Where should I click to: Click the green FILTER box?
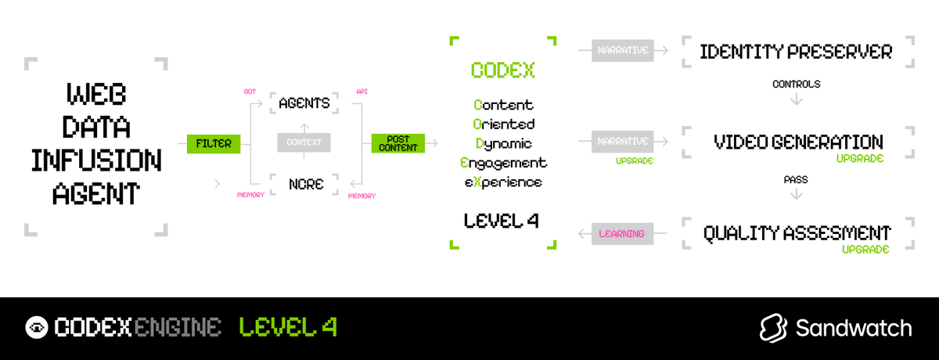(214, 144)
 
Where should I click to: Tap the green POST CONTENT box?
(398, 144)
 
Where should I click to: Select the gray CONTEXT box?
(304, 143)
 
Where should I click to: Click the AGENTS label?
(304, 103)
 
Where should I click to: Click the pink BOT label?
(250, 92)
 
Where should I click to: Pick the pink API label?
(362, 92)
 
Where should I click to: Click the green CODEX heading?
(502, 70)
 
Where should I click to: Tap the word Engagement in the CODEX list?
(504, 163)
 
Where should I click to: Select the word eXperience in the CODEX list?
(504, 182)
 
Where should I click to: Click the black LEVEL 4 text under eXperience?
(501, 221)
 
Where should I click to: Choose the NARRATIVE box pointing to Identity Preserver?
(622, 51)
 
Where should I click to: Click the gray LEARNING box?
(622, 233)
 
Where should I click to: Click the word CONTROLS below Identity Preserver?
(796, 84)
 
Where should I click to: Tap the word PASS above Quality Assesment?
(796, 180)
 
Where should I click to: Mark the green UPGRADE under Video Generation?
(861, 159)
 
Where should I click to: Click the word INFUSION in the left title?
(96, 160)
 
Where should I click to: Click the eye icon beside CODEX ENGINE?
(37, 327)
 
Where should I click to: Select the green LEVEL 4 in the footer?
(288, 327)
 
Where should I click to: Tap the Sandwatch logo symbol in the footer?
(773, 328)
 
